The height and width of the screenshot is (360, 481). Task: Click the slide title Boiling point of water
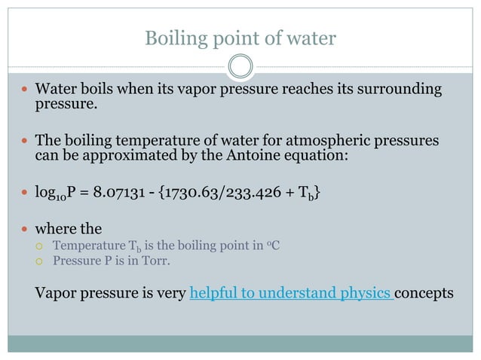coord(240,38)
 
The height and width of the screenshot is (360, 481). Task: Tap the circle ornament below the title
coord(240,67)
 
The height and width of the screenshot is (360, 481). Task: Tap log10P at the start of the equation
coord(54,194)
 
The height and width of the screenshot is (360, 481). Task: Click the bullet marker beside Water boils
coord(26,90)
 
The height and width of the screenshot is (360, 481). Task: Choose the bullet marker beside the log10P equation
coord(26,193)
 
